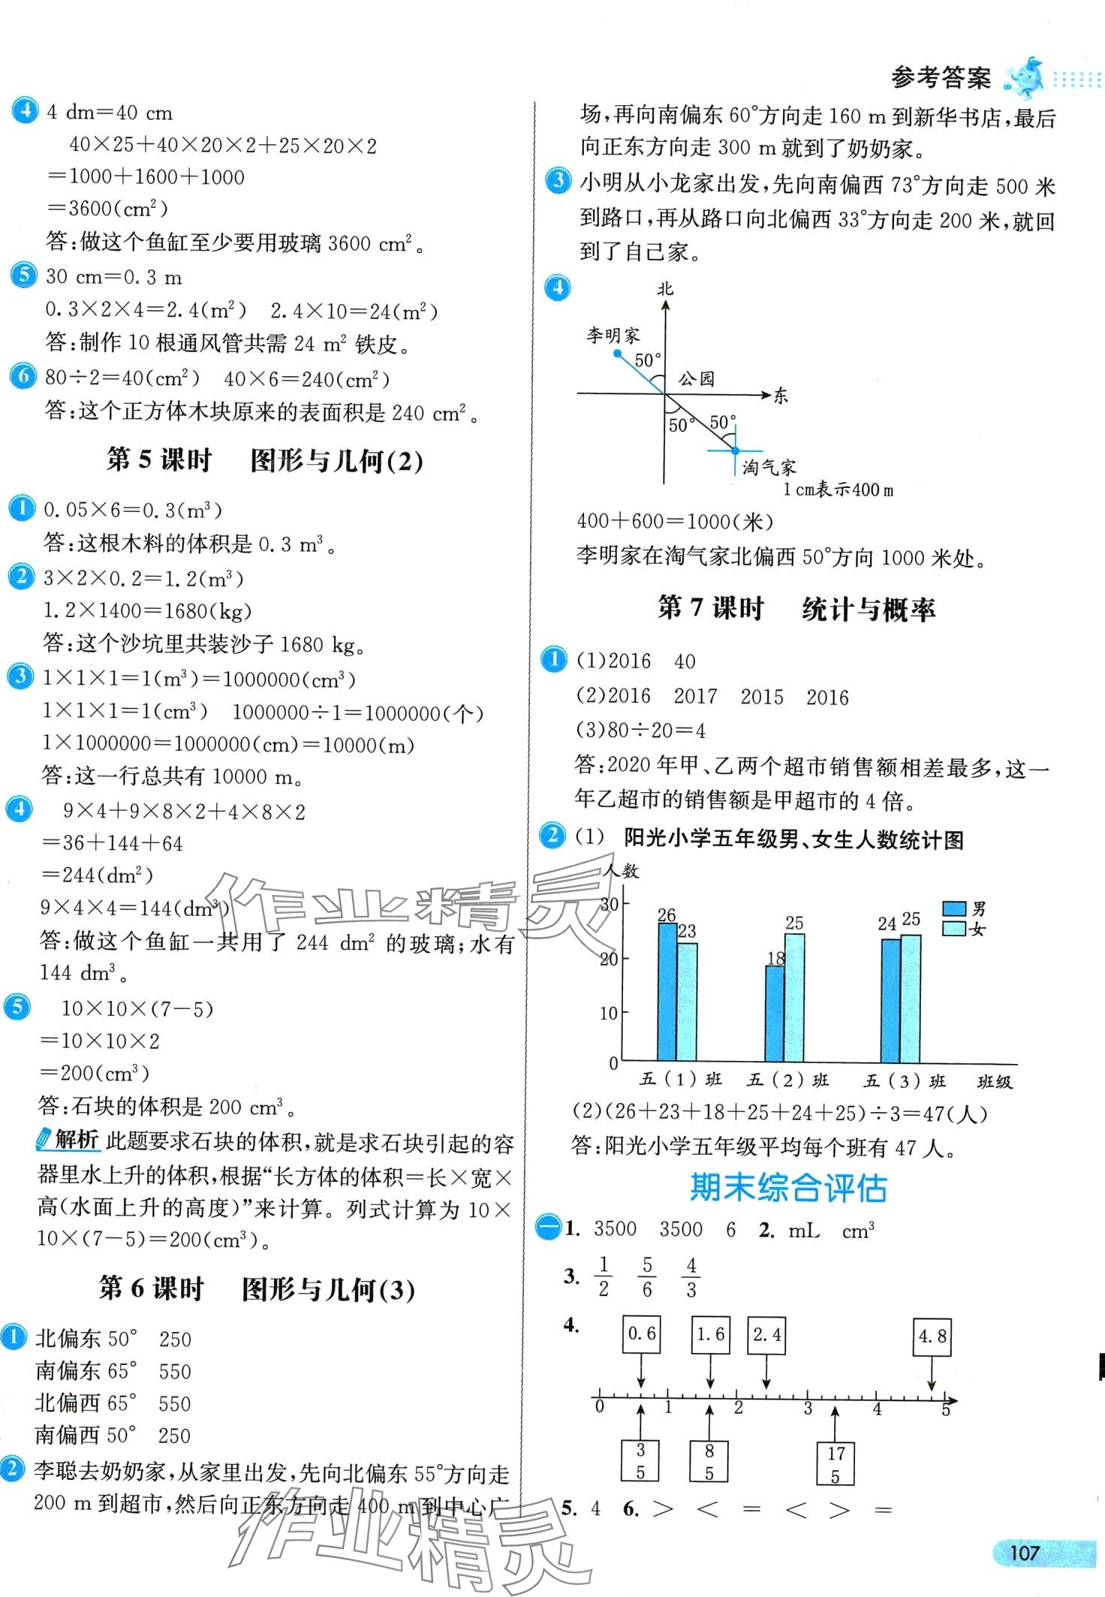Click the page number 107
(1024, 1552)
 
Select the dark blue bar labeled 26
(666, 991)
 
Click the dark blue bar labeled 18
(774, 1014)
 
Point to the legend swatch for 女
(953, 929)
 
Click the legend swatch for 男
(953, 908)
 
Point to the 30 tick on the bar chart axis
(610, 904)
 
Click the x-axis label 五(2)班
(787, 1080)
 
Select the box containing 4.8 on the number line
(932, 1336)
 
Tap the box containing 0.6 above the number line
(641, 1333)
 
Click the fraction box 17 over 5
(835, 1464)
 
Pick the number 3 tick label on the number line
(808, 1408)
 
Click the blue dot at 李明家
(617, 351)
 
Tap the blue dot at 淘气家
(734, 450)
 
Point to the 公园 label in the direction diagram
(696, 378)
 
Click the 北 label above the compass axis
(665, 288)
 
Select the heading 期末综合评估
(788, 1188)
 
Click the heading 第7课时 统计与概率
(796, 608)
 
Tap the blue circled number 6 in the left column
(23, 375)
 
